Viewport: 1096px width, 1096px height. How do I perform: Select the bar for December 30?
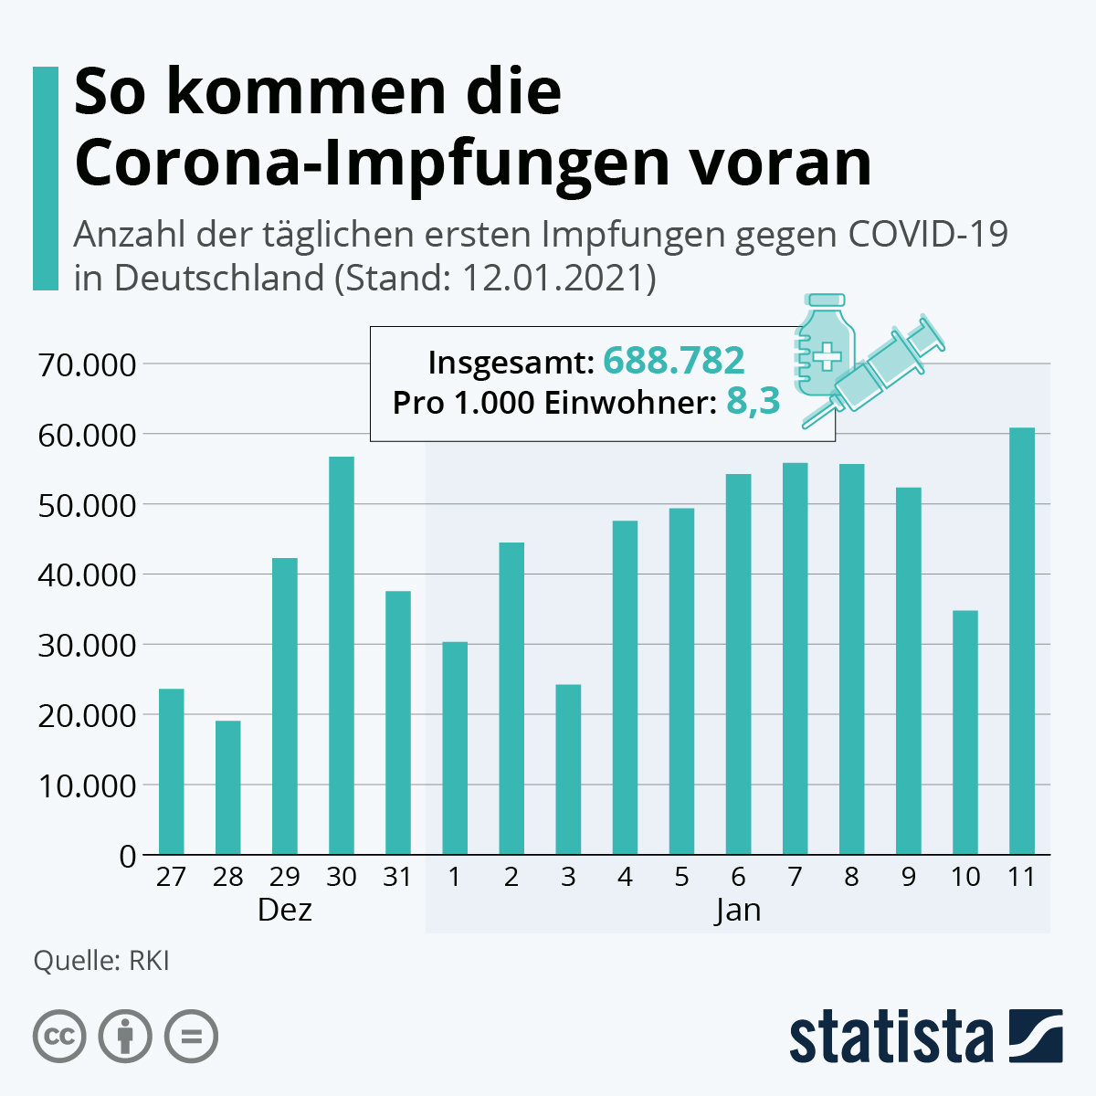[x=341, y=656]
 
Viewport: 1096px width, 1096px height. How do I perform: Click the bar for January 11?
[x=1021, y=641]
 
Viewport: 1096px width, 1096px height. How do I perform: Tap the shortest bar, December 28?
[x=227, y=787]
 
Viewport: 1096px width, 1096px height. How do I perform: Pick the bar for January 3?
[x=568, y=769]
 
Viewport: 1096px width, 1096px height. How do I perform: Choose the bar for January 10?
[x=964, y=732]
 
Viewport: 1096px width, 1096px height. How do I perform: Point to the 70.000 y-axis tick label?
[x=87, y=364]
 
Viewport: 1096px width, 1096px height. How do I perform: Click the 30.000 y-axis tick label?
[x=87, y=646]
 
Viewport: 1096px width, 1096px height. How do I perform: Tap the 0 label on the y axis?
[x=126, y=857]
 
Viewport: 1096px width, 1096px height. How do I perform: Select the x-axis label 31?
[x=397, y=878]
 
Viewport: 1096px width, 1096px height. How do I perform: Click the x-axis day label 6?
[x=738, y=878]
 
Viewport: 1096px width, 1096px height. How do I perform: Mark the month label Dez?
[x=284, y=911]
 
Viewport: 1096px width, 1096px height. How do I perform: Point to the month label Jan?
[x=738, y=911]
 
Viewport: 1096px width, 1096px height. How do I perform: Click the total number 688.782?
[x=674, y=361]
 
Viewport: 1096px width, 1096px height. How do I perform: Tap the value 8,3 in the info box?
[x=753, y=401]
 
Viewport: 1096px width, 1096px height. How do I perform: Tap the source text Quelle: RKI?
[x=100, y=962]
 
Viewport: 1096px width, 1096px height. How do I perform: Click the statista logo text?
[x=890, y=1037]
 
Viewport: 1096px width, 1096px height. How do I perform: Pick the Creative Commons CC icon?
[x=60, y=1037]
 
